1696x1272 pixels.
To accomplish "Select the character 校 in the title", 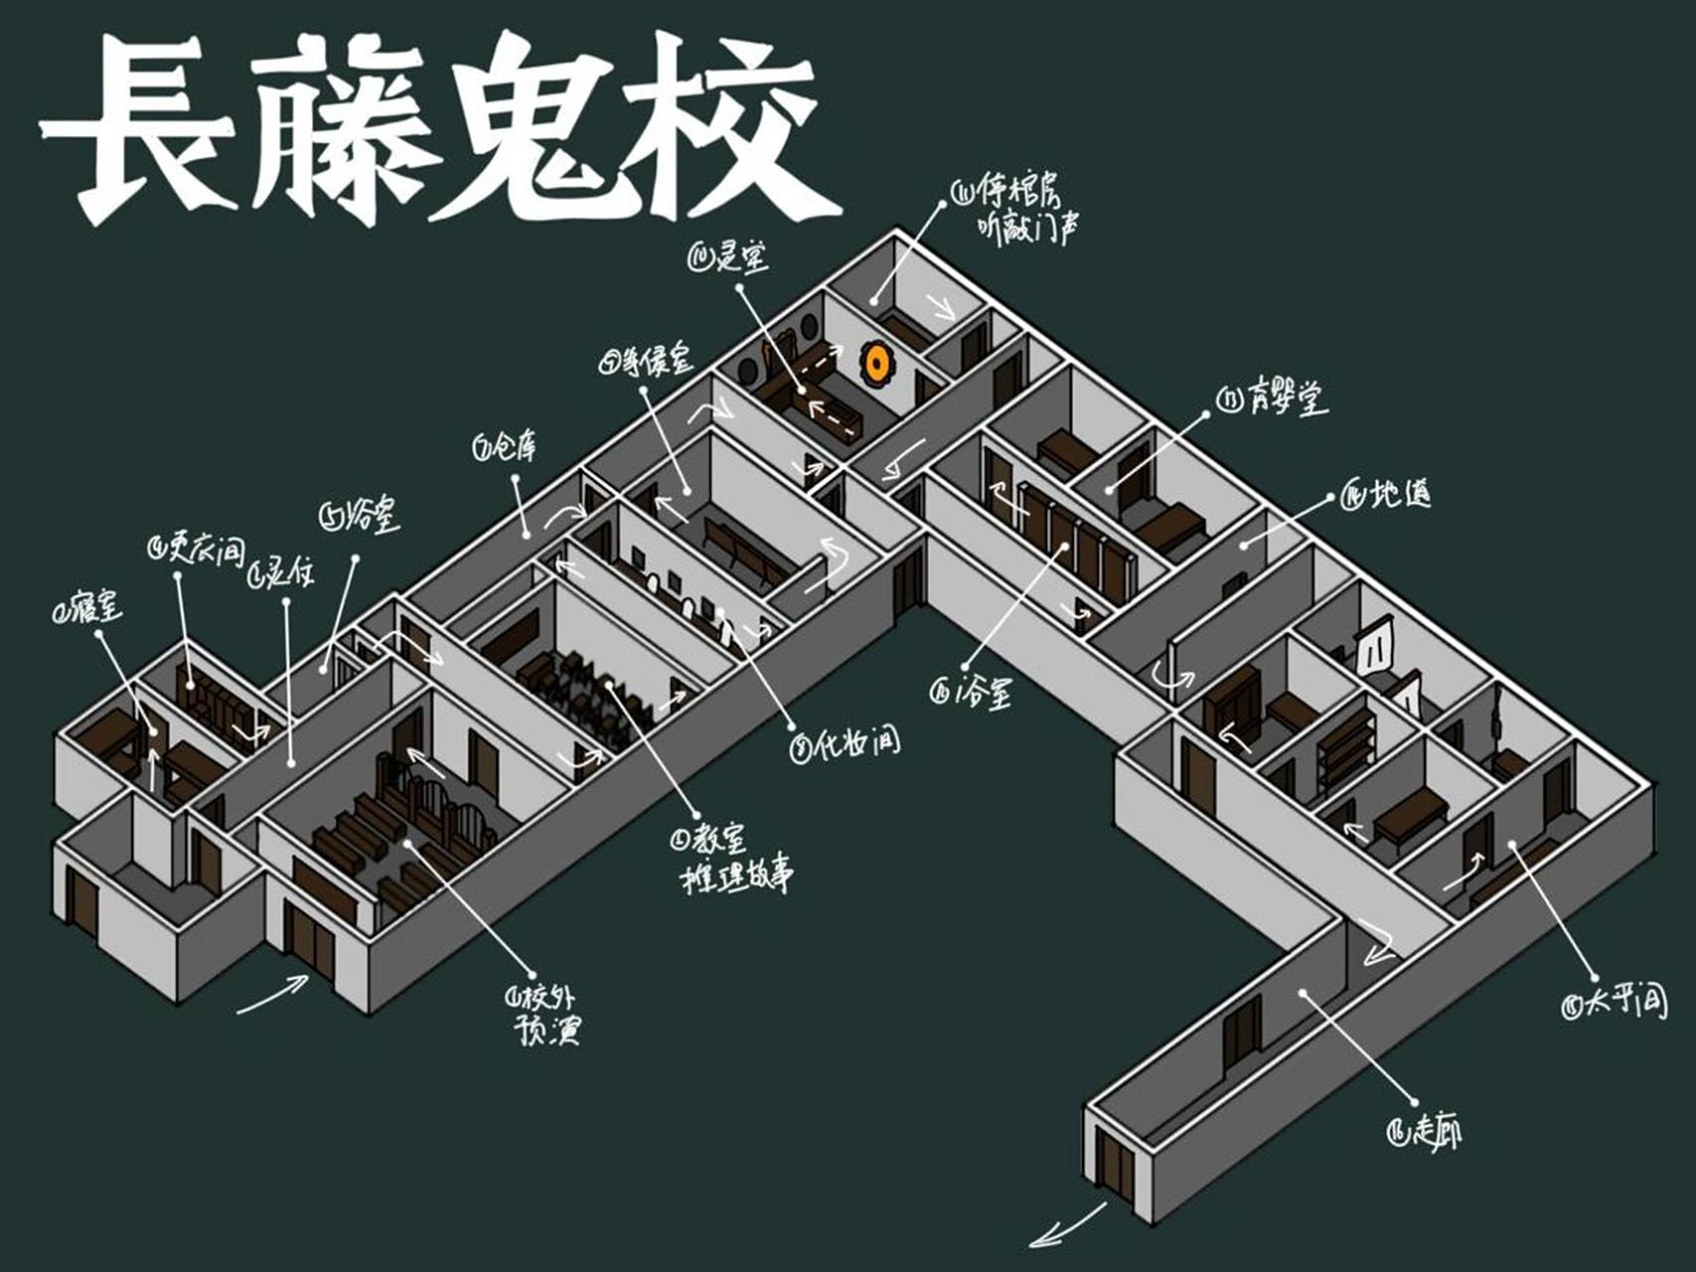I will [x=725, y=124].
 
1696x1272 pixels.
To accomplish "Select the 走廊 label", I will [x=1425, y=1130].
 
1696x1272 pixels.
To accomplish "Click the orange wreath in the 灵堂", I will [x=876, y=363].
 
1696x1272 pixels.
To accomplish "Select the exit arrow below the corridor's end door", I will [x=1067, y=1227].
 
